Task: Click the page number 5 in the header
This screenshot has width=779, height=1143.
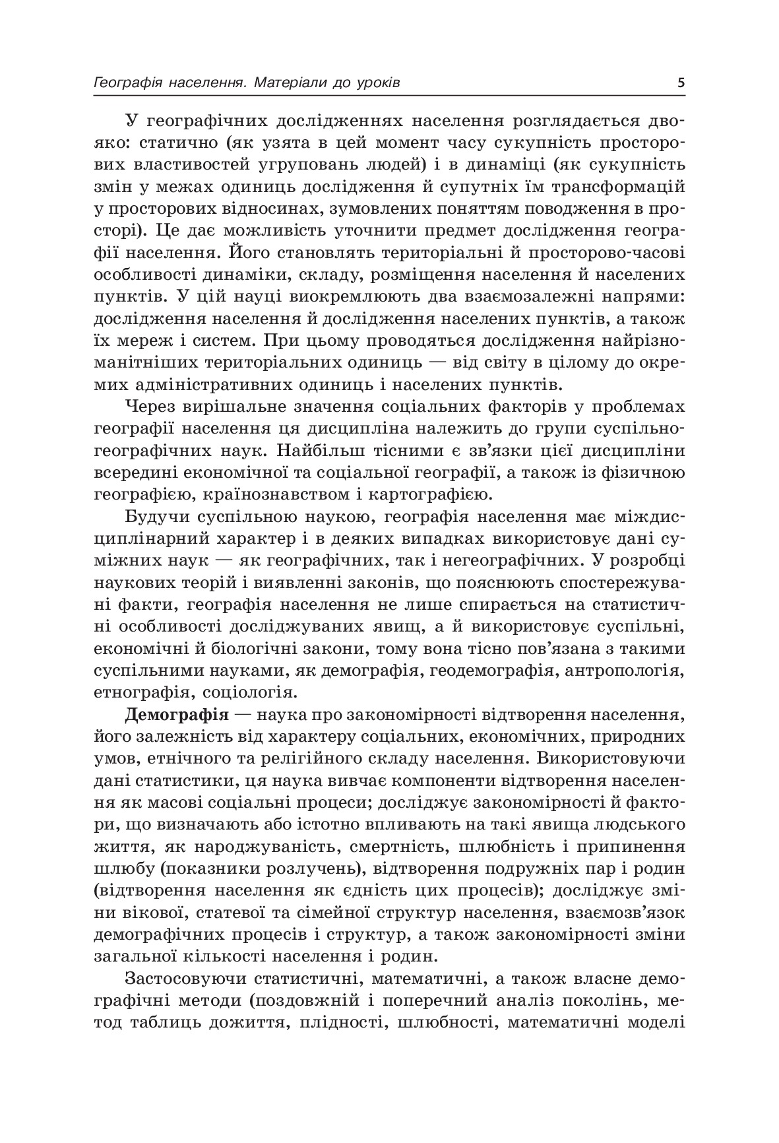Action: pos(680,83)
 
